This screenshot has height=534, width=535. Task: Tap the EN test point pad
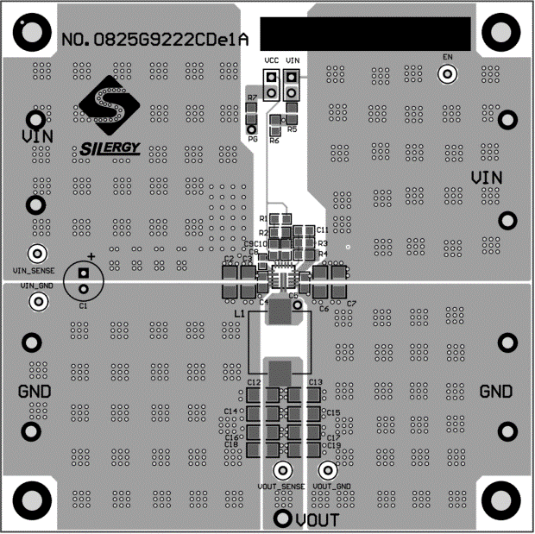pos(447,74)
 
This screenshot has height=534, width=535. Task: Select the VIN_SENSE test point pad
pos(37,254)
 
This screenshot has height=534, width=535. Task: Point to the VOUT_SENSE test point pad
pos(281,471)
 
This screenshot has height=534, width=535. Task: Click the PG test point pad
pos(252,128)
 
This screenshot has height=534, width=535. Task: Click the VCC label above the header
pos(271,60)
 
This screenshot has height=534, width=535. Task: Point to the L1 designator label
pos(239,316)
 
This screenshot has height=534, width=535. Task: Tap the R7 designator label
pos(251,98)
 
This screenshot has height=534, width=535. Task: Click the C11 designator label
pos(322,230)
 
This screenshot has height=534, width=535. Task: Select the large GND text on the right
pos(496,392)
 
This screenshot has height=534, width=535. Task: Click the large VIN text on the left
pos(37,136)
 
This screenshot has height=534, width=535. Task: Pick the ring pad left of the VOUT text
pos(282,518)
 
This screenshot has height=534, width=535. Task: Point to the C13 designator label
pos(315,381)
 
